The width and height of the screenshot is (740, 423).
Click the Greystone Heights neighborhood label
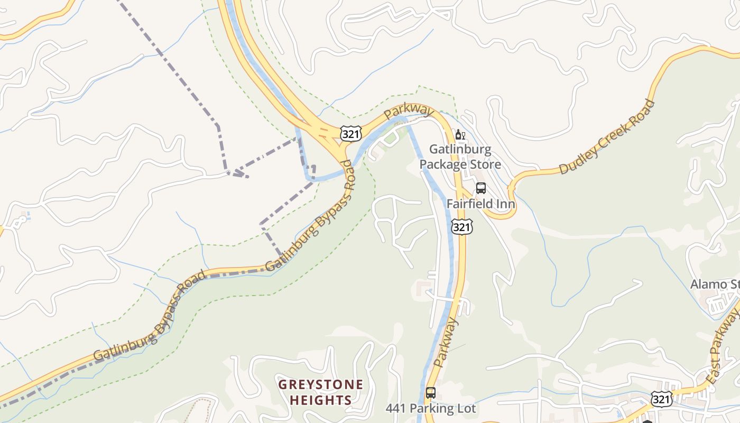[321, 392]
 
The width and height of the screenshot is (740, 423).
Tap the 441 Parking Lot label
[430, 408]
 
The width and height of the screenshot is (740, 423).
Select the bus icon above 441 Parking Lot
[431, 393]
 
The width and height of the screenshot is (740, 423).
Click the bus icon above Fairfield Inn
[481, 188]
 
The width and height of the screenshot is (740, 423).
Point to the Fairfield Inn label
[480, 204]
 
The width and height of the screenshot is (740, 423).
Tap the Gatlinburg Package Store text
[460, 157]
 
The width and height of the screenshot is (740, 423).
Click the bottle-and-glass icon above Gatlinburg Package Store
[460, 135]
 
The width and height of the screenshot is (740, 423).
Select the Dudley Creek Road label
[607, 137]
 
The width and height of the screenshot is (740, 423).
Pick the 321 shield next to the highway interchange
[350, 133]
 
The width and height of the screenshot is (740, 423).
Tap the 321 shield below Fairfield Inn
[461, 227]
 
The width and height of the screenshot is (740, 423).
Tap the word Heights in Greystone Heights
[321, 400]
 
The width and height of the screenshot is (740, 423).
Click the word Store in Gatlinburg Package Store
[483, 164]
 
